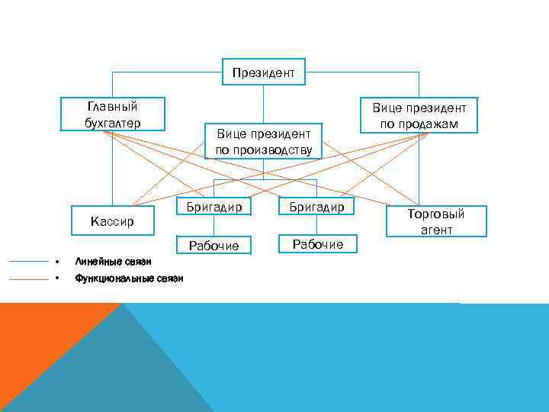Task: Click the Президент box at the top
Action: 263,72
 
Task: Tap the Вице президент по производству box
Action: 263,141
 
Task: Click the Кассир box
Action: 111,220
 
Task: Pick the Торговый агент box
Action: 435,221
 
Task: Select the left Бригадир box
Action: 213,207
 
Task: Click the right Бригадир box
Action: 316,207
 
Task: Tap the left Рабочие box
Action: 213,245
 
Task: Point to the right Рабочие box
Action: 316,244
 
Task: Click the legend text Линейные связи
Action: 108,262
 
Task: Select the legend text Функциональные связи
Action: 129,278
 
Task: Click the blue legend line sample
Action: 28,262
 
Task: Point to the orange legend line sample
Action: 28,279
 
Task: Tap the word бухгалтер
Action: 113,121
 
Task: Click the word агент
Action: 435,230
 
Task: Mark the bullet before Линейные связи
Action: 57,262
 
